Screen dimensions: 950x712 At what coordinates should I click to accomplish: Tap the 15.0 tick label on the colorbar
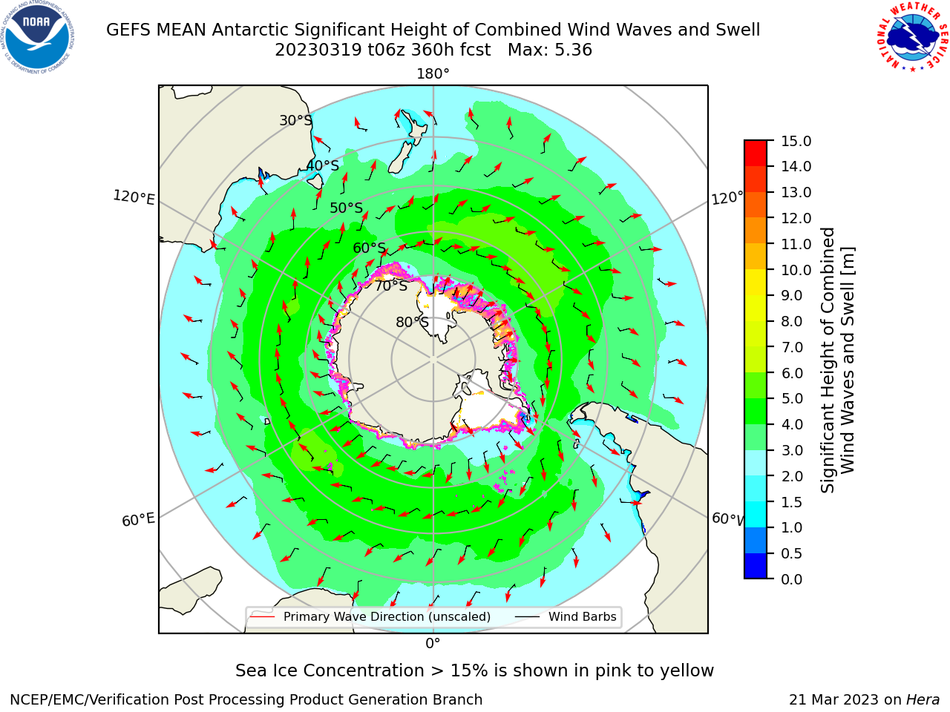(x=796, y=141)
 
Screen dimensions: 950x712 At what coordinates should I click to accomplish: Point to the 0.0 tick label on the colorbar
(x=792, y=579)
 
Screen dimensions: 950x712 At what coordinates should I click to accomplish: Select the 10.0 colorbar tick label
(x=796, y=270)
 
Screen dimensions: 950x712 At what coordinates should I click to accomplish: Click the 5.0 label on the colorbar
(x=792, y=398)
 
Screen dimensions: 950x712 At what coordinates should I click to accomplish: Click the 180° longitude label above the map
(x=433, y=74)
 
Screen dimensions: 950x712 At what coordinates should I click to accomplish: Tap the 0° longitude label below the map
(x=433, y=644)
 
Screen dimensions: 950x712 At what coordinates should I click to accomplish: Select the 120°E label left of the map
(x=134, y=197)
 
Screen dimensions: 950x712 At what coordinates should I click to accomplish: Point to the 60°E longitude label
(x=138, y=520)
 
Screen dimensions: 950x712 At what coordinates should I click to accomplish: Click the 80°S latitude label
(x=412, y=322)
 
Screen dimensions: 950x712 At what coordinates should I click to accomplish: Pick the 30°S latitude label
(x=295, y=120)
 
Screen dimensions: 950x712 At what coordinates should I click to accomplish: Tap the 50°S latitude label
(x=347, y=208)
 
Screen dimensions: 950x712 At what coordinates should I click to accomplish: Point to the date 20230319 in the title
(x=318, y=50)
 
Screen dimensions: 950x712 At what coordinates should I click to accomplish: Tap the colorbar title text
(x=837, y=360)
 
